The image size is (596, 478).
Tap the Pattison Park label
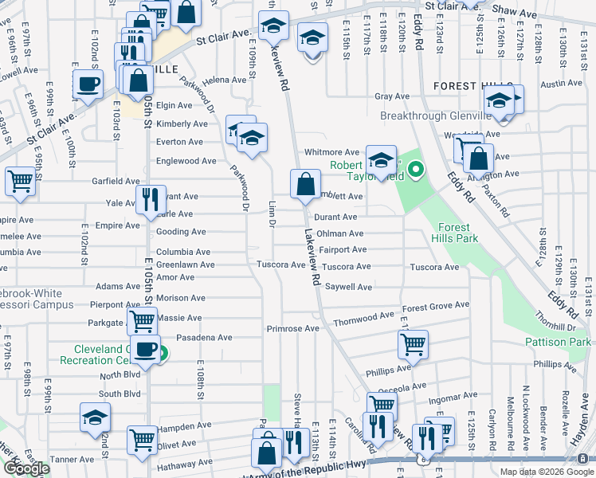click(x=558, y=342)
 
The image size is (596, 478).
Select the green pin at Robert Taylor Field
click(x=415, y=170)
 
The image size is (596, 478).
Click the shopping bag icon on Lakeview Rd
click(x=305, y=185)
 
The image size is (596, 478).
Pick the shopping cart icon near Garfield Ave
click(x=20, y=181)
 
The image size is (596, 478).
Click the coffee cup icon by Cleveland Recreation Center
click(x=145, y=349)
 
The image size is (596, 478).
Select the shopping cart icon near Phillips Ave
click(x=413, y=344)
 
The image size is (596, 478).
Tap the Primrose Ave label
click(x=292, y=328)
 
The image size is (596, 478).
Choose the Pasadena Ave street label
click(x=204, y=338)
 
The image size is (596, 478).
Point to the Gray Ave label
click(x=392, y=96)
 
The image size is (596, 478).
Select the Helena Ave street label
click(x=224, y=80)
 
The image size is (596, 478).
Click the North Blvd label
click(x=120, y=375)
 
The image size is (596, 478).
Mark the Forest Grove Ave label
click(x=435, y=306)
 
